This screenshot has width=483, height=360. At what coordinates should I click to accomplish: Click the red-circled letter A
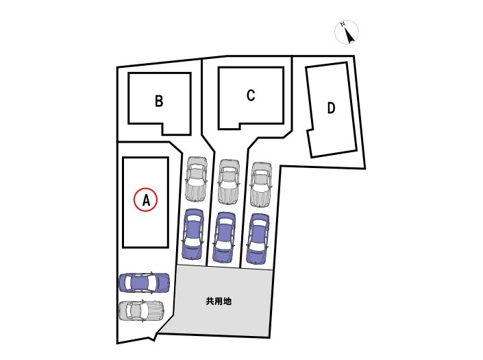[145, 200]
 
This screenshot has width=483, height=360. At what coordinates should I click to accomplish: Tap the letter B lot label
[158, 101]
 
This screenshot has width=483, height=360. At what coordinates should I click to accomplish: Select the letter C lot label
[251, 95]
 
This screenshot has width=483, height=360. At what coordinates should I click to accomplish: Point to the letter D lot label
[331, 108]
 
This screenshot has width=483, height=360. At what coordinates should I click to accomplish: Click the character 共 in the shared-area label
[210, 301]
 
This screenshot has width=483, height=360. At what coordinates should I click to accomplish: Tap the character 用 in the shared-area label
[219, 301]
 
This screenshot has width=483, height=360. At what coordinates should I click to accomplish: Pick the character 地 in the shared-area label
[227, 301]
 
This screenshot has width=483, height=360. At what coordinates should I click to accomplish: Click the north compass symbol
[347, 32]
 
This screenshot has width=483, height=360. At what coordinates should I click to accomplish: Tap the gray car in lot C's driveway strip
[228, 182]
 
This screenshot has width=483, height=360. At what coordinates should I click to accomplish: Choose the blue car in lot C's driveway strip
[225, 237]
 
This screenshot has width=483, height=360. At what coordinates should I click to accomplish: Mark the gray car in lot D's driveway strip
[260, 184]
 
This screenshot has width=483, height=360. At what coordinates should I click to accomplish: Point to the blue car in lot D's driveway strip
[257, 239]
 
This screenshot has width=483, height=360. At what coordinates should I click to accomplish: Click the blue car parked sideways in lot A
[144, 283]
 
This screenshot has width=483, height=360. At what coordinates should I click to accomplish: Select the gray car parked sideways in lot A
[141, 311]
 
